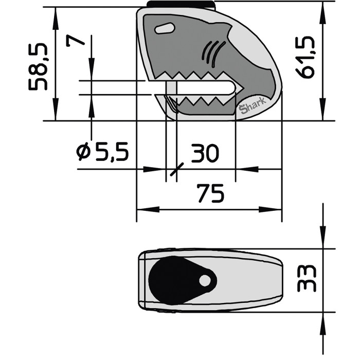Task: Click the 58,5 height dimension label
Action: pyautogui.click(x=38, y=67)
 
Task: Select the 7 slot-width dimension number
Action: pyautogui.click(x=75, y=41)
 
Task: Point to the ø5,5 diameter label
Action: pyautogui.click(x=102, y=152)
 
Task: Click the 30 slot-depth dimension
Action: pyautogui.click(x=205, y=153)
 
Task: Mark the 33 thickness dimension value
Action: pyautogui.click(x=307, y=279)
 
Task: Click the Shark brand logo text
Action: pyautogui.click(x=252, y=107)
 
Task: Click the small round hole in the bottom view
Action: pyautogui.click(x=205, y=280)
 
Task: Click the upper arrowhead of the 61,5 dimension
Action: pyautogui.click(x=322, y=15)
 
